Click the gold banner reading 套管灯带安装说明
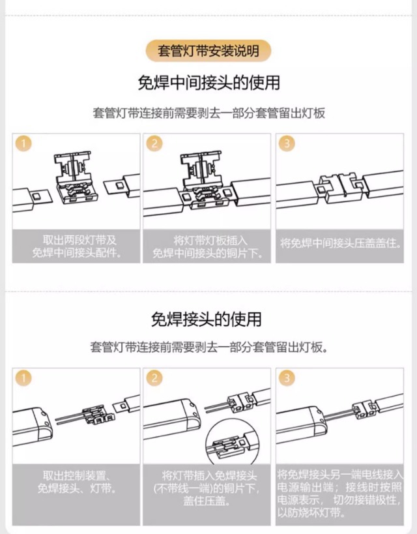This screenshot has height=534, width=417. click(x=208, y=51)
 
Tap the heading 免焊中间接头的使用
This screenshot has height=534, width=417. click(x=208, y=83)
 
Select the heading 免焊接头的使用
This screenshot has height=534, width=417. click(x=207, y=319)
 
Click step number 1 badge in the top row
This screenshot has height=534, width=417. click(x=23, y=143)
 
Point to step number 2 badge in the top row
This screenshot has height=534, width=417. click(x=154, y=143)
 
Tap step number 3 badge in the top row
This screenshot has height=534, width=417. click(x=287, y=143)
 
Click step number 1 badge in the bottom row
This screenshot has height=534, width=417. click(x=23, y=378)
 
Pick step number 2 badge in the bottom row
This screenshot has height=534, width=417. click(x=154, y=378)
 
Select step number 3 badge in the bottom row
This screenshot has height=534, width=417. click(x=287, y=378)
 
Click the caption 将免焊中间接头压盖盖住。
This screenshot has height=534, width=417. click(x=340, y=243)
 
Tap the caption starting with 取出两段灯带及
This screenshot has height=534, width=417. click(x=77, y=246)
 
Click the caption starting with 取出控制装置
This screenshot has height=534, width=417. click(x=77, y=482)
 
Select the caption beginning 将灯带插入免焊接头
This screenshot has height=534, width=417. click(x=207, y=488)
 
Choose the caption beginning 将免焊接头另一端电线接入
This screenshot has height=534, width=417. click(x=340, y=494)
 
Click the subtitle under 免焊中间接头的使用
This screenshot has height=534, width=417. click(x=208, y=113)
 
